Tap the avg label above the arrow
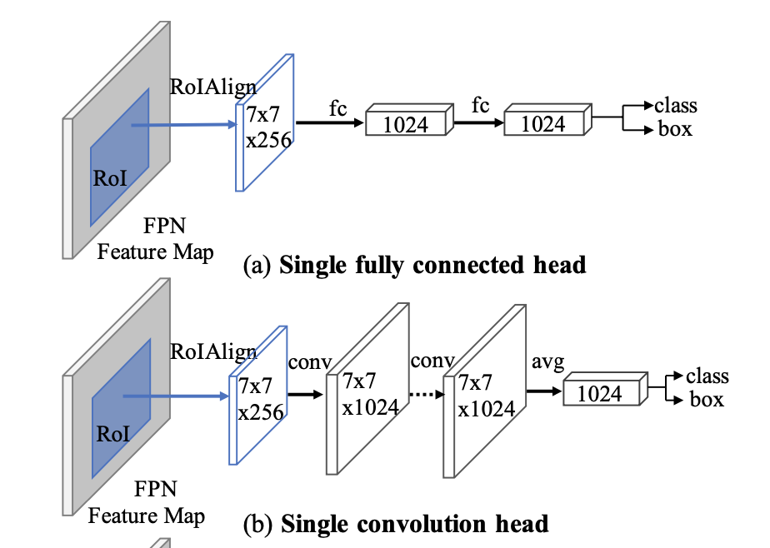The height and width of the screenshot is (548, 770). click(547, 362)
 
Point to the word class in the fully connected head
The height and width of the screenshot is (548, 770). click(676, 106)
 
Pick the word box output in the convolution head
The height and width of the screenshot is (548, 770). click(707, 400)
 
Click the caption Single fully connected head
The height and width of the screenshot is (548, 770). click(432, 265)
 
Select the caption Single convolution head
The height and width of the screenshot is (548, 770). click(415, 524)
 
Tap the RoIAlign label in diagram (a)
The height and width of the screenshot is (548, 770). click(213, 86)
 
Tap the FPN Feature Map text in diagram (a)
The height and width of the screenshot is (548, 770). click(155, 239)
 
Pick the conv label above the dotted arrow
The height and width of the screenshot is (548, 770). click(432, 362)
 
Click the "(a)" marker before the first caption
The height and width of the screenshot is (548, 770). click(257, 266)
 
